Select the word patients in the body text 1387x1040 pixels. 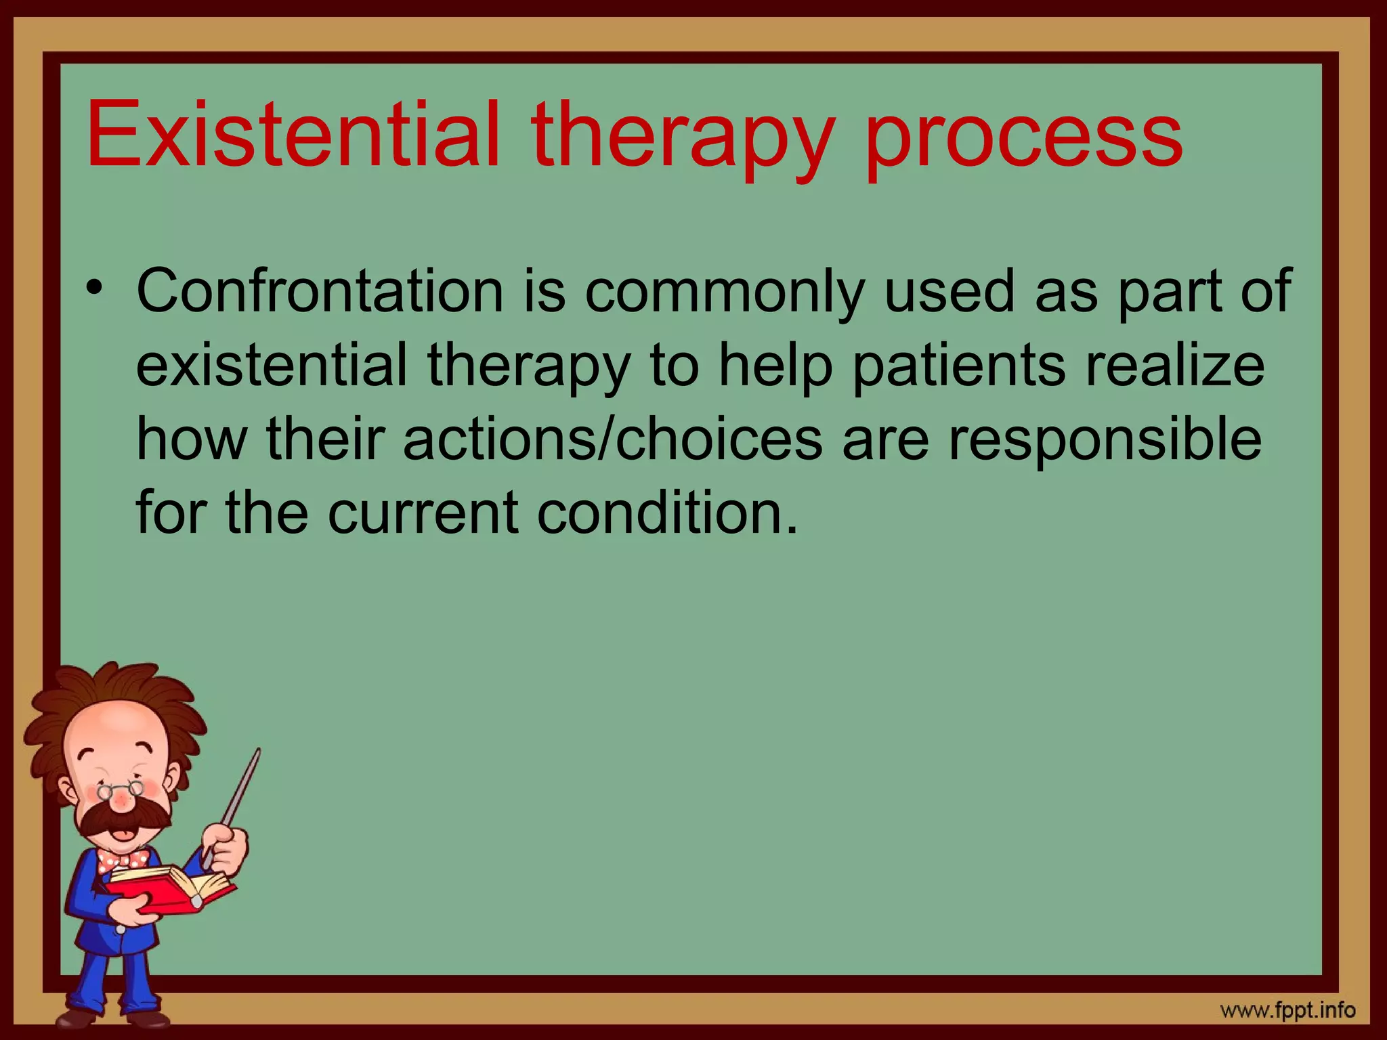[958, 366]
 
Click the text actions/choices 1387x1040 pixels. [613, 440]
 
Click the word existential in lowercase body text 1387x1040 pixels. [271, 366]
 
